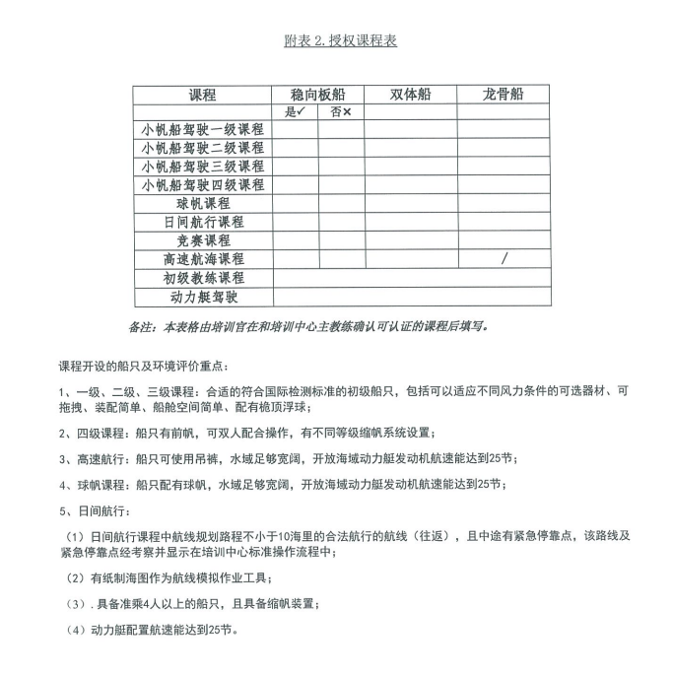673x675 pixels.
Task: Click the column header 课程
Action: pyautogui.click(x=203, y=96)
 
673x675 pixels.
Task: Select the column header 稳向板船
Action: pyautogui.click(x=318, y=95)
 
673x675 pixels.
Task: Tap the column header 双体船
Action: pyautogui.click(x=410, y=95)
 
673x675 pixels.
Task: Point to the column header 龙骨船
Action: pyautogui.click(x=503, y=95)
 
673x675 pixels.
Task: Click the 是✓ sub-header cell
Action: pyautogui.click(x=296, y=112)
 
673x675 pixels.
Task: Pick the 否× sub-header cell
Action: pyautogui.click(x=341, y=112)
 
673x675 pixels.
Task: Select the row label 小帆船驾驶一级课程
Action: pyautogui.click(x=203, y=130)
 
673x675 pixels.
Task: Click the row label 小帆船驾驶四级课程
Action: pyautogui.click(x=203, y=185)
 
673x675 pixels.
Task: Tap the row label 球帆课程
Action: pyautogui.click(x=203, y=204)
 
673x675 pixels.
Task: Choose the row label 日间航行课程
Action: pyautogui.click(x=203, y=223)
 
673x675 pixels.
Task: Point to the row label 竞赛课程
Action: pyautogui.click(x=203, y=240)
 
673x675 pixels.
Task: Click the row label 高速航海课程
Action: pyautogui.click(x=203, y=259)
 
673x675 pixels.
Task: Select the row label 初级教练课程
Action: pyautogui.click(x=203, y=278)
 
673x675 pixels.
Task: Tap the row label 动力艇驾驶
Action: pyautogui.click(x=203, y=297)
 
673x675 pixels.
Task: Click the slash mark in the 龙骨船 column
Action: pyautogui.click(x=505, y=259)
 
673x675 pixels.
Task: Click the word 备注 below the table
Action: pyautogui.click(x=144, y=325)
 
